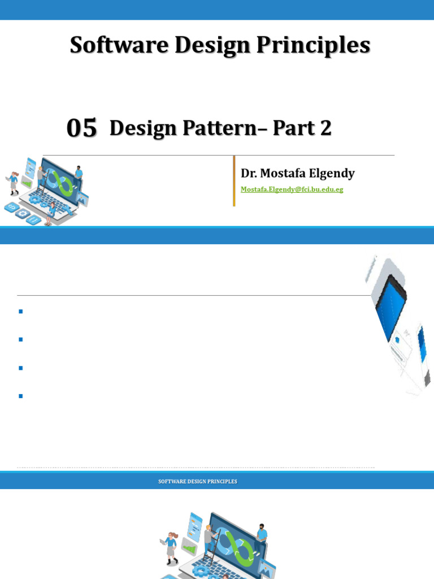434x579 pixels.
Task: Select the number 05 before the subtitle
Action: pyautogui.click(x=82, y=128)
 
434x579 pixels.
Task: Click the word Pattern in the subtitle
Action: pyautogui.click(x=223, y=128)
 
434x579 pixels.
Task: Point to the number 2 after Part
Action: pyautogui.click(x=325, y=128)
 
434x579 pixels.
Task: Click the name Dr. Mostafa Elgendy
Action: pyautogui.click(x=298, y=173)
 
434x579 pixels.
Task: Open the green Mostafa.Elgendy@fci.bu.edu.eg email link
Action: pyautogui.click(x=292, y=189)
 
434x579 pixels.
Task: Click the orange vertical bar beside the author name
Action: pyautogui.click(x=234, y=181)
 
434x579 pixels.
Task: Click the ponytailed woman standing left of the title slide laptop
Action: pyautogui.click(x=13, y=183)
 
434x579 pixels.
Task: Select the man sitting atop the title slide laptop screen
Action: pyautogui.click(x=79, y=174)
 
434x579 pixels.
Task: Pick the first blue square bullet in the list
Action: pyautogui.click(x=20, y=312)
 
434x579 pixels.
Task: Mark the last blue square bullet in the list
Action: pyautogui.click(x=20, y=396)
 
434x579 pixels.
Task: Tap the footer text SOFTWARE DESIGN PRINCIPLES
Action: pyautogui.click(x=197, y=482)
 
